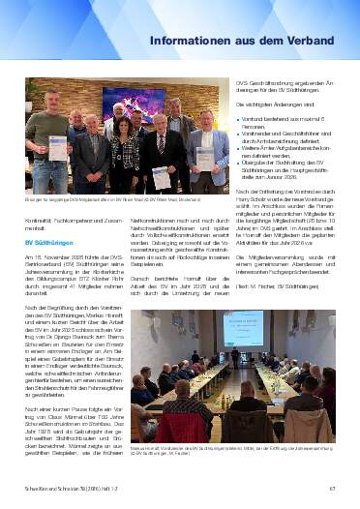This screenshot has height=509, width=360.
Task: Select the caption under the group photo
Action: coord(106,199)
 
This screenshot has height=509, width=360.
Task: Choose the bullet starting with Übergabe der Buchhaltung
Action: coord(285,171)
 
